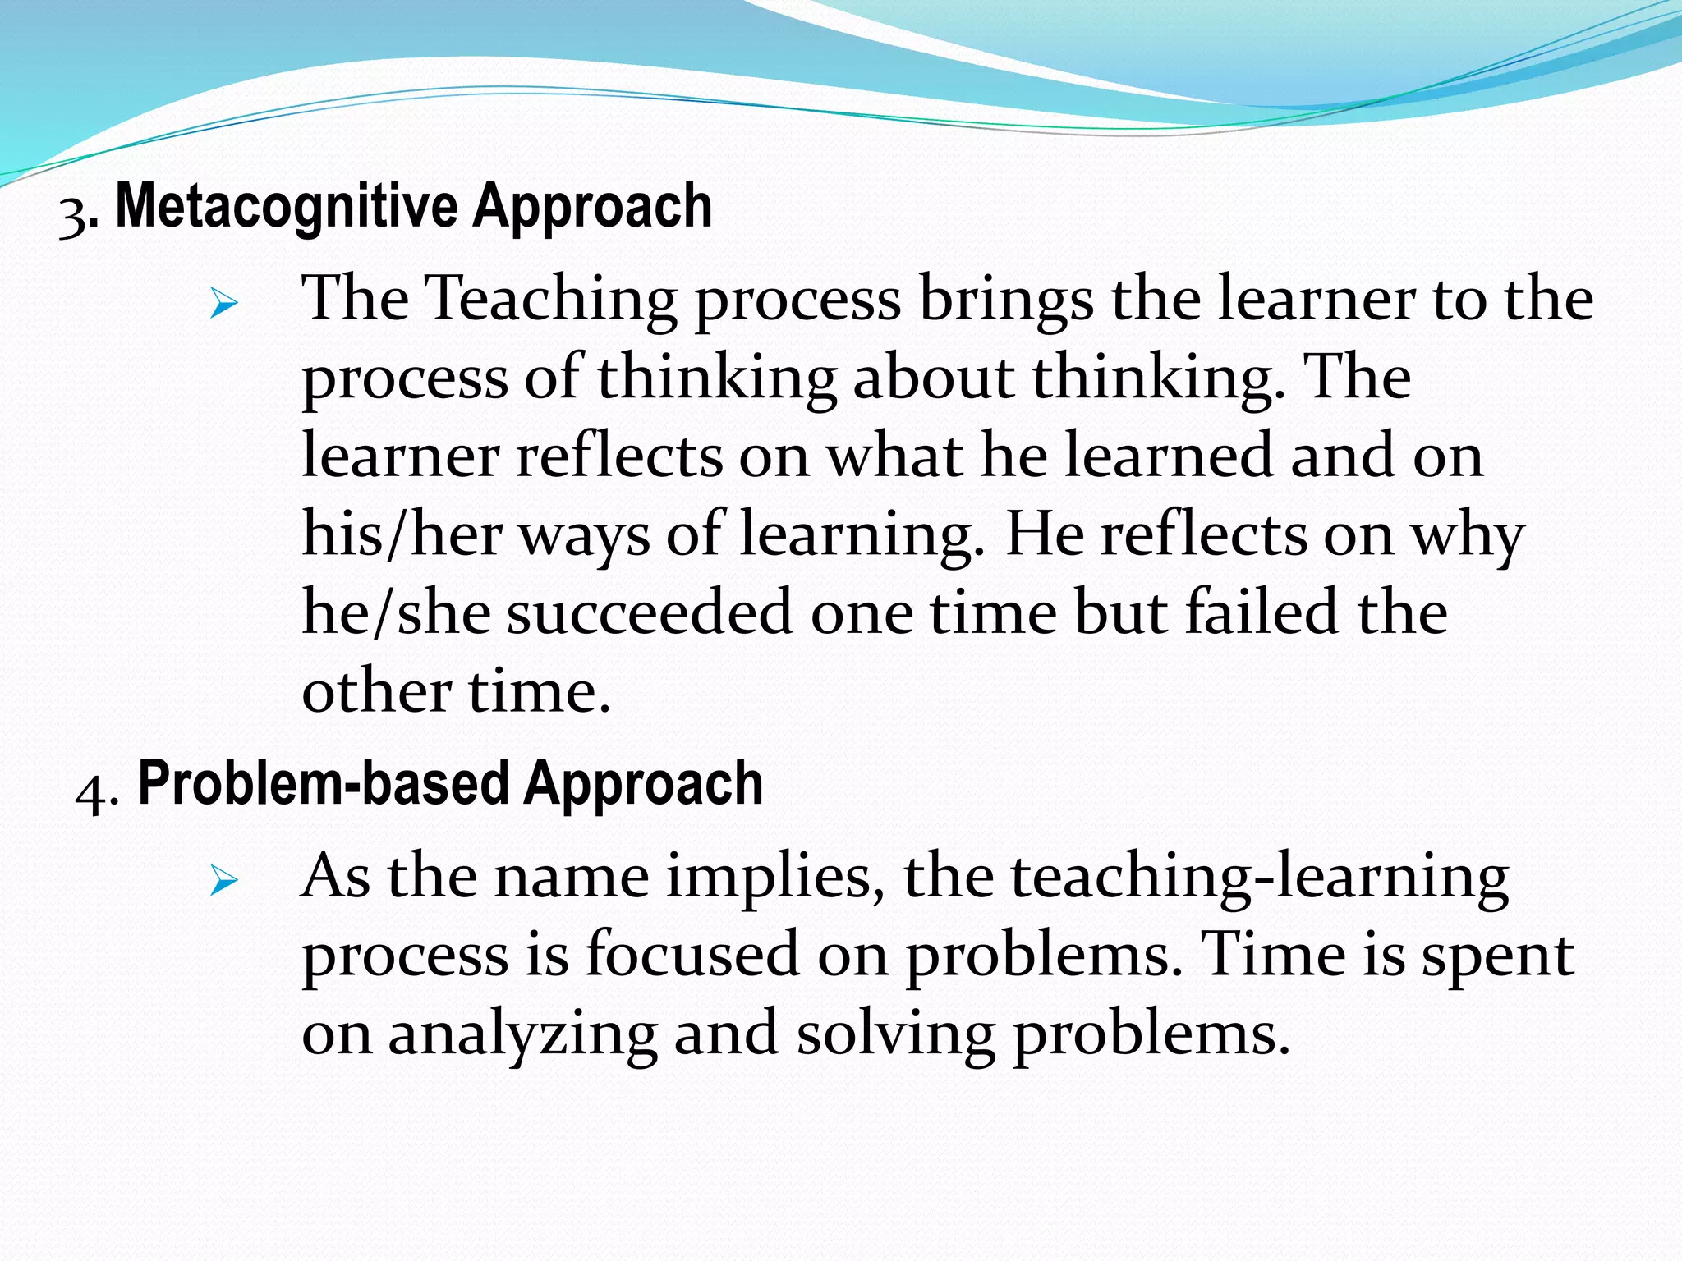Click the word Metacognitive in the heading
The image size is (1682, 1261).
tap(286, 207)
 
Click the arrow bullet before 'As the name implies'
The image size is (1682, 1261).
tap(223, 882)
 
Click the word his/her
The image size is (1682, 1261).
tap(402, 535)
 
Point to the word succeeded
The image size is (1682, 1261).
tap(650, 613)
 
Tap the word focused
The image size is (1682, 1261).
tap(692, 955)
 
